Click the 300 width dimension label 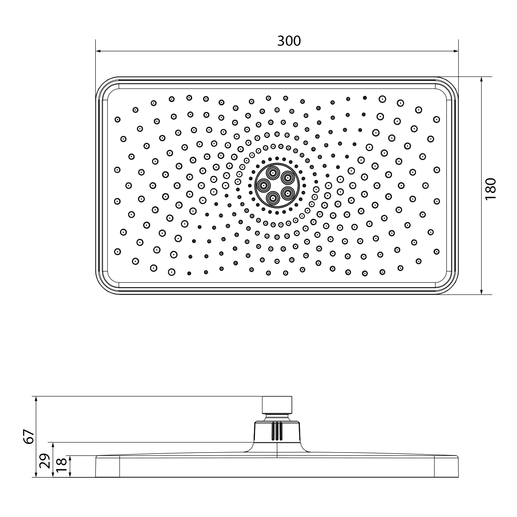pyautogui.click(x=289, y=41)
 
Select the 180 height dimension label pyautogui.click(x=490, y=189)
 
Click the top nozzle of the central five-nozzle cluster pyautogui.click(x=273, y=173)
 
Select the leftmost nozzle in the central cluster pyautogui.click(x=264, y=185)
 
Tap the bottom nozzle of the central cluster pyautogui.click(x=273, y=197)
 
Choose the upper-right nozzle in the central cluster pyautogui.click(x=286, y=178)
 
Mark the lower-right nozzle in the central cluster pyautogui.click(x=286, y=192)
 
